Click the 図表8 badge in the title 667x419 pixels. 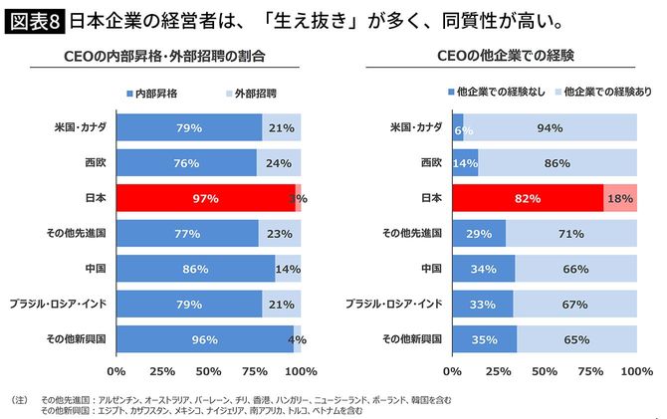click(x=34, y=18)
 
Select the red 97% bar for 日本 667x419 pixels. click(x=205, y=198)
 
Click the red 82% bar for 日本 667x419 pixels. click(x=528, y=198)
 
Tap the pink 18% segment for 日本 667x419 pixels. click(x=620, y=198)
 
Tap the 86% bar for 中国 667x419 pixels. click(x=195, y=269)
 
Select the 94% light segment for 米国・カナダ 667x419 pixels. click(x=550, y=128)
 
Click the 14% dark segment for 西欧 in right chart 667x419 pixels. click(x=465, y=163)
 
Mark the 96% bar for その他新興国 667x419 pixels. click(x=204, y=338)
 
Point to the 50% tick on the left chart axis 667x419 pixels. click(x=208, y=371)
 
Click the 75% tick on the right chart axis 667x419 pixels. click(x=591, y=371)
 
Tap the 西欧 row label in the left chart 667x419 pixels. click(x=97, y=163)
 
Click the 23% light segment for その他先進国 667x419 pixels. click(x=280, y=234)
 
